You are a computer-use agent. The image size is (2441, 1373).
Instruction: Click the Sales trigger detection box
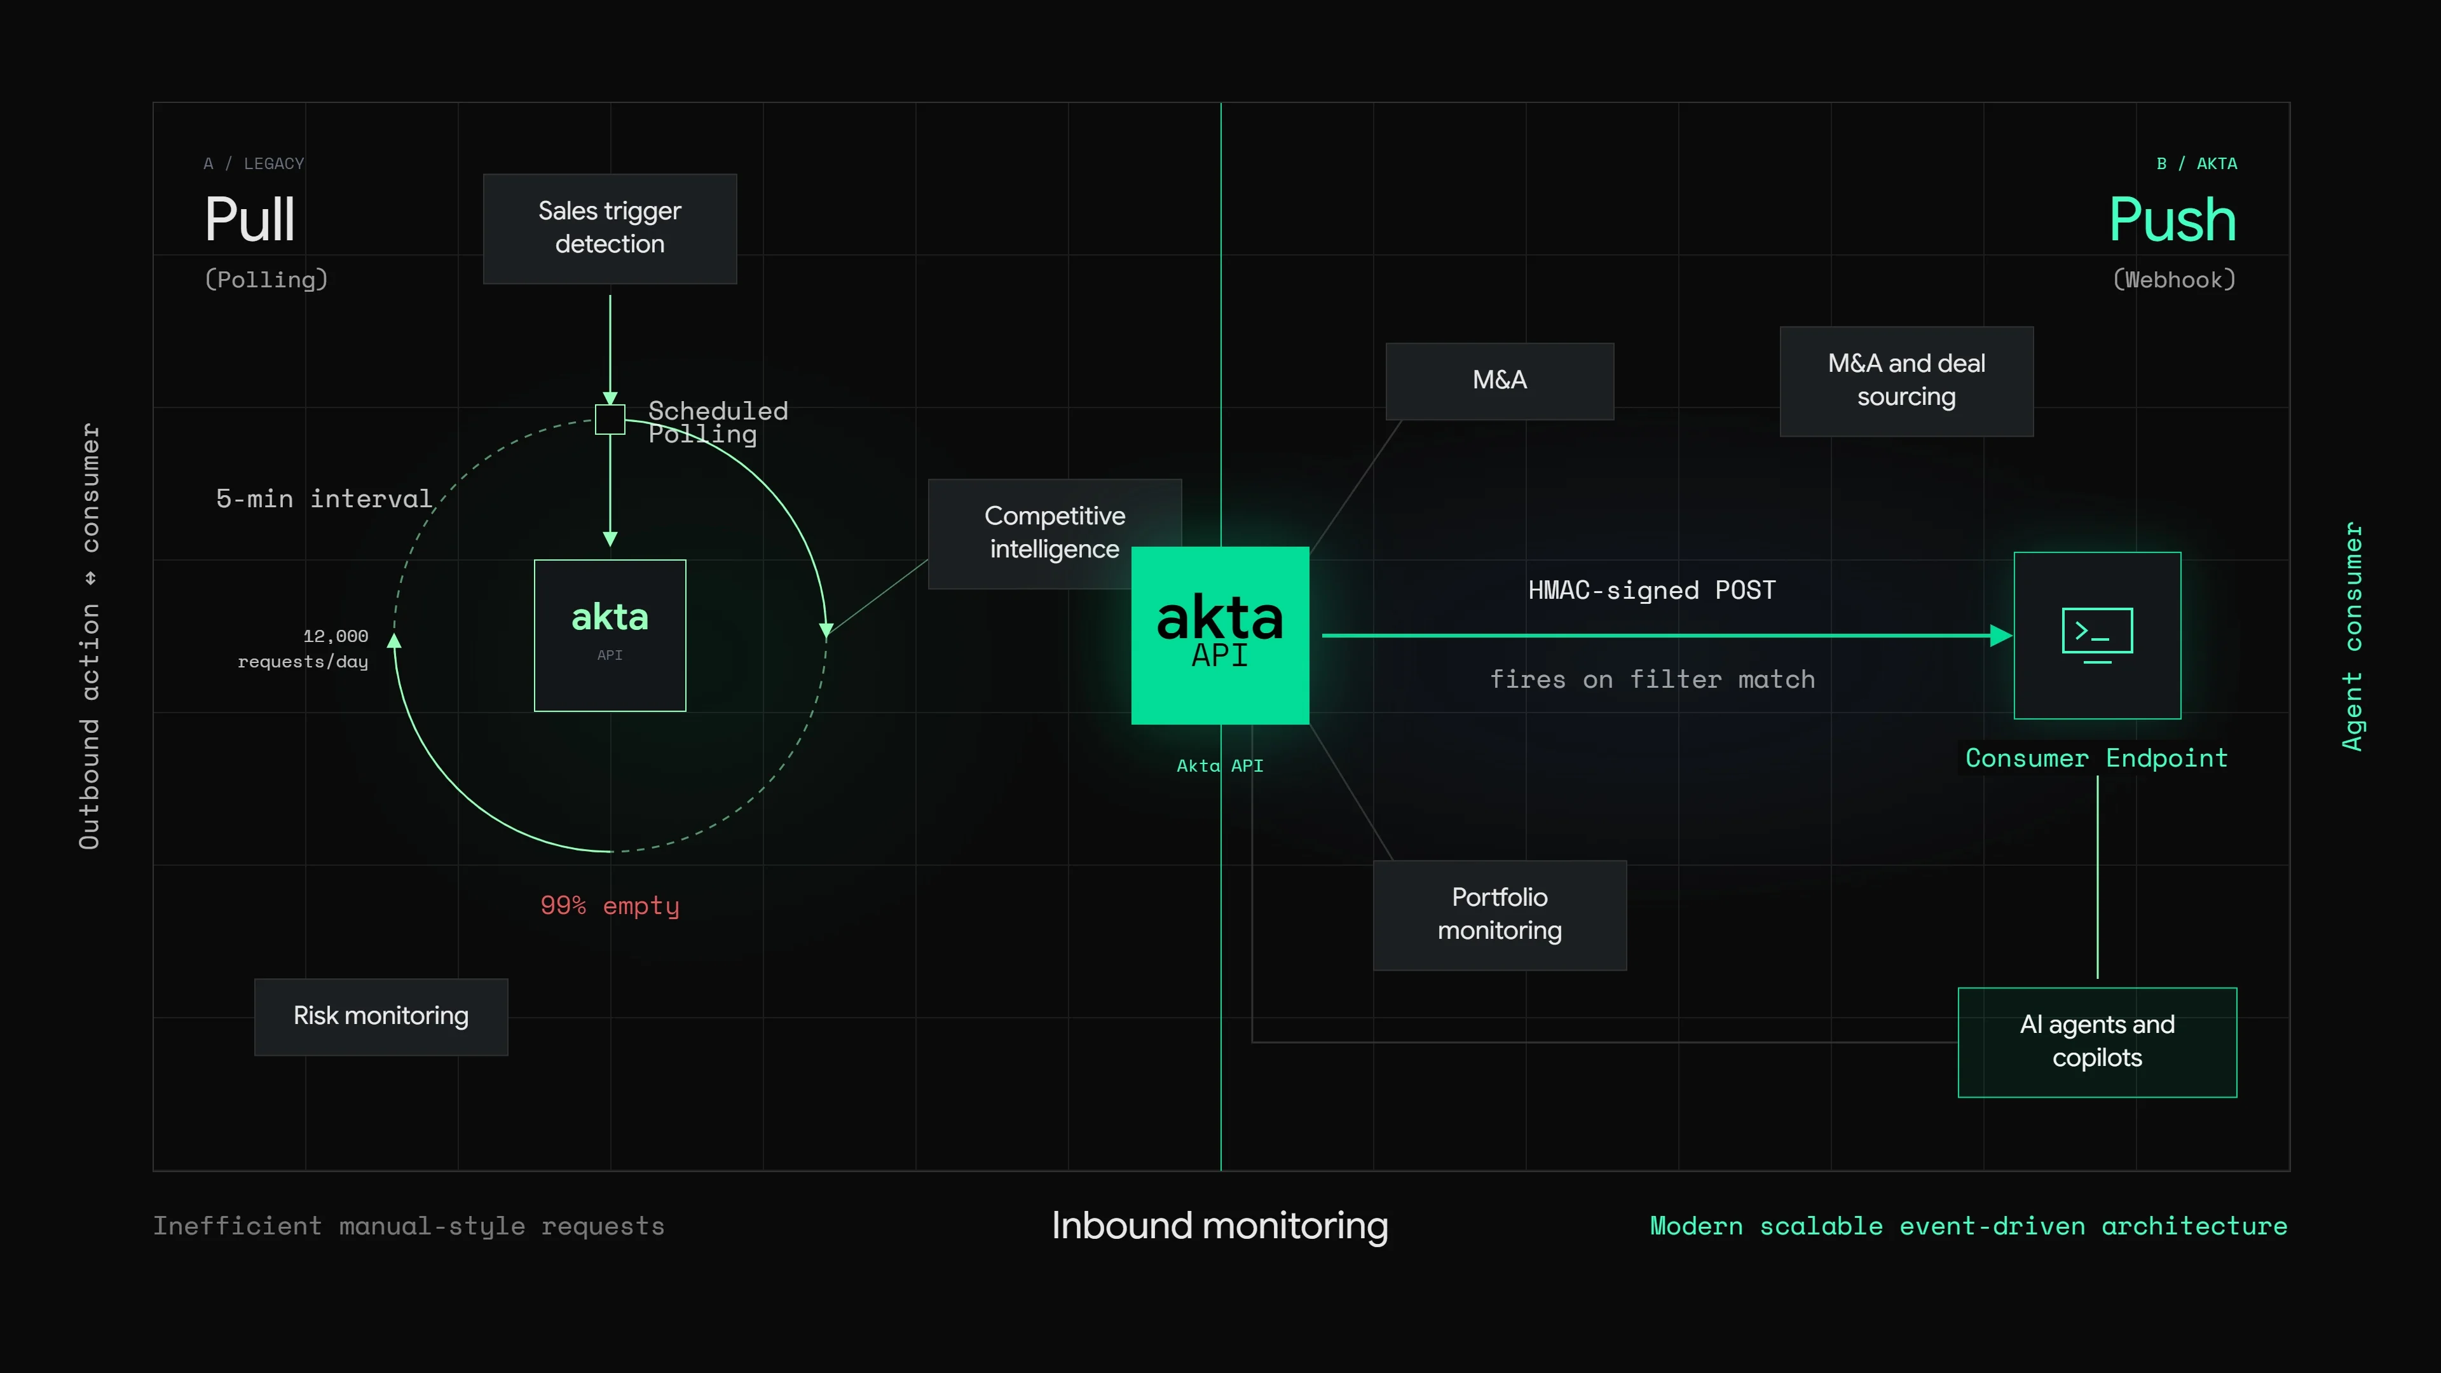(610, 228)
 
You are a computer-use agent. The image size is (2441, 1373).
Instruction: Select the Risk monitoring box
(381, 1017)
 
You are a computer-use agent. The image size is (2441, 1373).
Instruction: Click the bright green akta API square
(1220, 635)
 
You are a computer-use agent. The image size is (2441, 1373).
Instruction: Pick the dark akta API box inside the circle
(610, 635)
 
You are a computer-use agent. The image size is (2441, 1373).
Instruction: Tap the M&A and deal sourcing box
(1906, 381)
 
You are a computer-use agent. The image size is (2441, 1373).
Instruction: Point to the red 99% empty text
(610, 906)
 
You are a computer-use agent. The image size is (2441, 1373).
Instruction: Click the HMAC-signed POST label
(1651, 591)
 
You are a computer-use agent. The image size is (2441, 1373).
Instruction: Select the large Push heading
(2172, 220)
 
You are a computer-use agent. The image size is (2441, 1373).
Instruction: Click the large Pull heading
(250, 220)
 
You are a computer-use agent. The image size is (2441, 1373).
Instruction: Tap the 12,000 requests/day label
(303, 648)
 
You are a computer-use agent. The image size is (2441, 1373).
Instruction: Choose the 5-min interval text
(324, 498)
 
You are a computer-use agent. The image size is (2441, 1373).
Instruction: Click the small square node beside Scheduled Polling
(610, 419)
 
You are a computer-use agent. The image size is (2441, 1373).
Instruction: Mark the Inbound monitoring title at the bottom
(1220, 1226)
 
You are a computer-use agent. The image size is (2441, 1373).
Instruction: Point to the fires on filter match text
(1651, 680)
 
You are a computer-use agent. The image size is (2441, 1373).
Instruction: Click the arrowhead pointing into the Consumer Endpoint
(2001, 635)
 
